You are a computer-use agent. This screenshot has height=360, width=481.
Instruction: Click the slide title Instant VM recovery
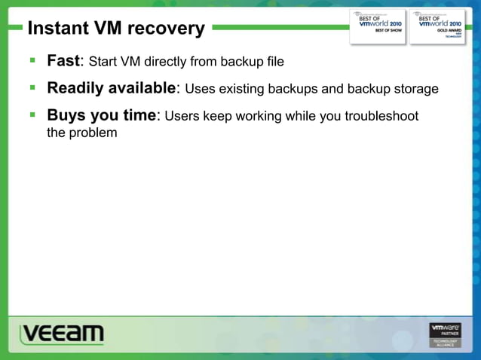coord(116,29)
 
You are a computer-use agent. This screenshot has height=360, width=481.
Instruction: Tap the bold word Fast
coord(63,60)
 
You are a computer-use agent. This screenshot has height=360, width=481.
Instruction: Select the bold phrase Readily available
coord(111,88)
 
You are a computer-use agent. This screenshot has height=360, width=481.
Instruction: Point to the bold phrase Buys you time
coord(101,116)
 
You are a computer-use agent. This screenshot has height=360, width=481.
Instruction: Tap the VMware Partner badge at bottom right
coord(445,335)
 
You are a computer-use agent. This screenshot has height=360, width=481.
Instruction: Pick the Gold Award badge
coord(438,26)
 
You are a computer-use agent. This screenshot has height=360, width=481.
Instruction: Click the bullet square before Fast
coord(32,59)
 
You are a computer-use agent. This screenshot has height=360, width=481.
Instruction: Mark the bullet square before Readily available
coord(32,87)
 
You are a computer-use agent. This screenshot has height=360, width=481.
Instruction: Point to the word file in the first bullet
coord(274,61)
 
